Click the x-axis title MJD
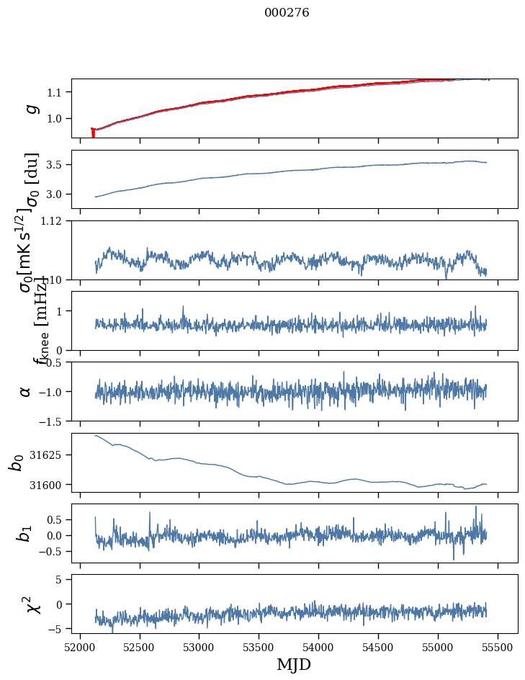294,664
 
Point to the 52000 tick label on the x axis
80,646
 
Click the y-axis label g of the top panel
30,108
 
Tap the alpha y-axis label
25,391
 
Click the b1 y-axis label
24,533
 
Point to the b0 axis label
16,462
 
